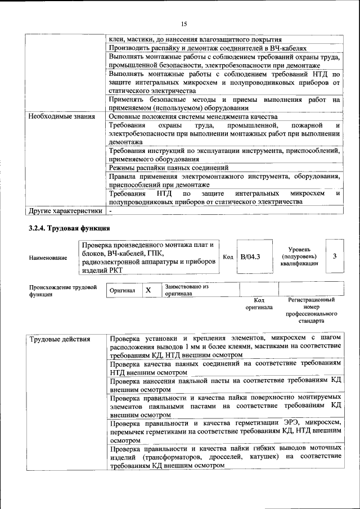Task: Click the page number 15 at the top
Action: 183,24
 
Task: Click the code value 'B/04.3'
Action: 250,257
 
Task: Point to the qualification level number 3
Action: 335,256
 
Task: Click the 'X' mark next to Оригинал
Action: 148,290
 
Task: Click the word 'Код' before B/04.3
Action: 228,257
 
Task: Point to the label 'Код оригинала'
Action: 259,304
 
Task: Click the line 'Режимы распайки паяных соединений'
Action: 169,168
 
